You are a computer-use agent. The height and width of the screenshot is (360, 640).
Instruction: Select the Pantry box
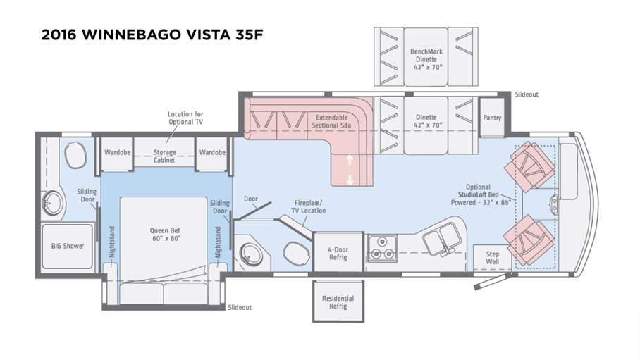[x=491, y=118]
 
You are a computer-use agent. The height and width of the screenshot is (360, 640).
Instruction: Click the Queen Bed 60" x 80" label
[x=165, y=233]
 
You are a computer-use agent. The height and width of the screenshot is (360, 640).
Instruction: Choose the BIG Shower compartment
[x=67, y=246]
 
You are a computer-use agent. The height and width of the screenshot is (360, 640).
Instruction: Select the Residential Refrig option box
[x=338, y=302]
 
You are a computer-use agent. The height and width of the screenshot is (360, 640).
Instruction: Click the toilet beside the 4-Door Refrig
[x=295, y=252]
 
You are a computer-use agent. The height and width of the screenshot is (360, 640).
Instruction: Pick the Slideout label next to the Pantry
[x=527, y=94]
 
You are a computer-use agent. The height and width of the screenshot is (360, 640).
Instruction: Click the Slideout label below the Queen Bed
[x=240, y=307]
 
